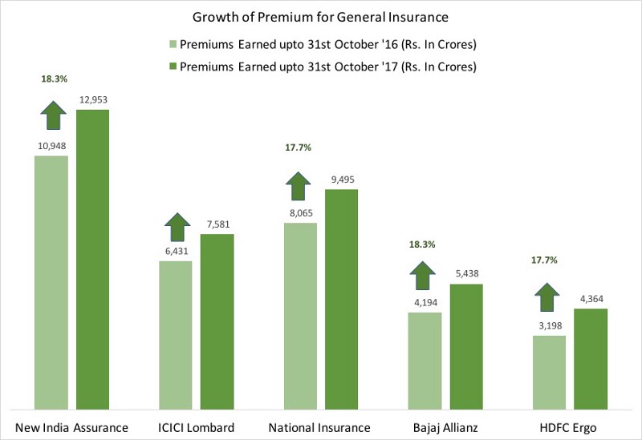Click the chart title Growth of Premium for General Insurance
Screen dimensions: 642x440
tap(320, 17)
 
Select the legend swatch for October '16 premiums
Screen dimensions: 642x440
tap(173, 44)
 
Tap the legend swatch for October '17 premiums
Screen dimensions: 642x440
tap(173, 67)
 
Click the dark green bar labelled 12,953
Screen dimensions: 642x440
tap(92, 260)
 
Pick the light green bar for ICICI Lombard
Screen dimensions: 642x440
tap(176, 335)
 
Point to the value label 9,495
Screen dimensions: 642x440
tap(343, 180)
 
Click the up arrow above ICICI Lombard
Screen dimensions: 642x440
tap(177, 227)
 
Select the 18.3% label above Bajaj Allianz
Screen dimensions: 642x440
tap(422, 244)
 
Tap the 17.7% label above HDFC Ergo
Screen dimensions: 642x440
tap(544, 260)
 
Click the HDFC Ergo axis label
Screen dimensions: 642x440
tap(568, 428)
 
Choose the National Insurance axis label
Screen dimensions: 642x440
tap(319, 428)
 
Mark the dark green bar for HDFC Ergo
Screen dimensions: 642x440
tap(591, 359)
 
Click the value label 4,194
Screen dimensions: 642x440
tap(426, 303)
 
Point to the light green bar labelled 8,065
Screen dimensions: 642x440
tap(300, 316)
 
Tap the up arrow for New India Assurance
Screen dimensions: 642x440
tap(54, 115)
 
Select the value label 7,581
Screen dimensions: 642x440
tap(218, 224)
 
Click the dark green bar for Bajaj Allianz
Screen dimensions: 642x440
tap(466, 347)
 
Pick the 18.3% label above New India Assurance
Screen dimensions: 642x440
tap(54, 79)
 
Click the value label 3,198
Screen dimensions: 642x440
tap(551, 326)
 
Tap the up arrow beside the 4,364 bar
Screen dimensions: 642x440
tap(547, 297)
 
